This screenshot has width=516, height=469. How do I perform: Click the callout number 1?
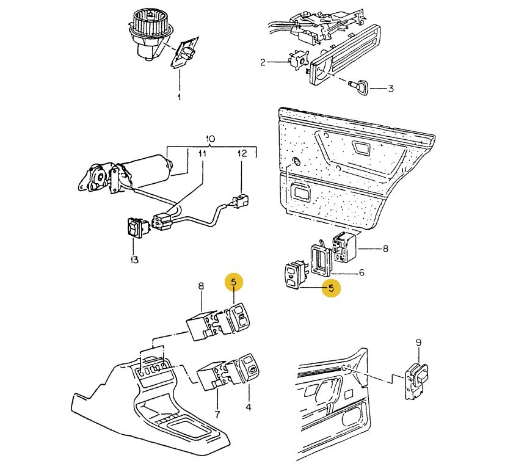(179, 97)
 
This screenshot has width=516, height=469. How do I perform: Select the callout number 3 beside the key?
(390, 89)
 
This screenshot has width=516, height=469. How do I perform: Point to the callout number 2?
(263, 62)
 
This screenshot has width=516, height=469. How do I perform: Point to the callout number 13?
(134, 260)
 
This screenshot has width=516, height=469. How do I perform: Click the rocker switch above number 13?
(134, 228)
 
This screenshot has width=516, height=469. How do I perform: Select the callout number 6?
(361, 272)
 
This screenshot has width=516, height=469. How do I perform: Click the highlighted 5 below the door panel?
(331, 288)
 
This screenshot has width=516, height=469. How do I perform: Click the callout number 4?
(248, 406)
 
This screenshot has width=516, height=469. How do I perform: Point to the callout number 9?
(418, 343)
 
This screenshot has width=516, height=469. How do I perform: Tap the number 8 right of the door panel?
(385, 249)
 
